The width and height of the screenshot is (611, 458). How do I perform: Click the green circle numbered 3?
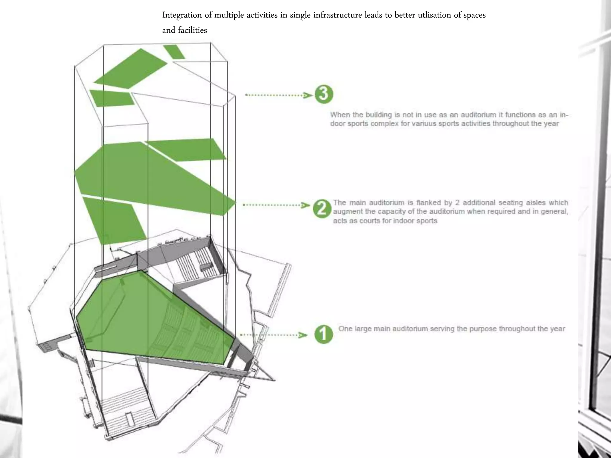[x=324, y=94]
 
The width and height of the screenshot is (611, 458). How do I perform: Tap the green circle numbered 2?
[x=322, y=208]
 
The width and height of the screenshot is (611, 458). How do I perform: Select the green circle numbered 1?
[x=323, y=334]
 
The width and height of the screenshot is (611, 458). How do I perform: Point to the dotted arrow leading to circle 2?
[x=276, y=205]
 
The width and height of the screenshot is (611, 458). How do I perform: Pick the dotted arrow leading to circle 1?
[x=274, y=335]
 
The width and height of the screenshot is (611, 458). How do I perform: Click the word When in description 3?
[x=340, y=115]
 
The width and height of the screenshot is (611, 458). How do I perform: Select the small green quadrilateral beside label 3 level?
[x=112, y=98]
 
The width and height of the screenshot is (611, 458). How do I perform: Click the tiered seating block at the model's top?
[x=197, y=262]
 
